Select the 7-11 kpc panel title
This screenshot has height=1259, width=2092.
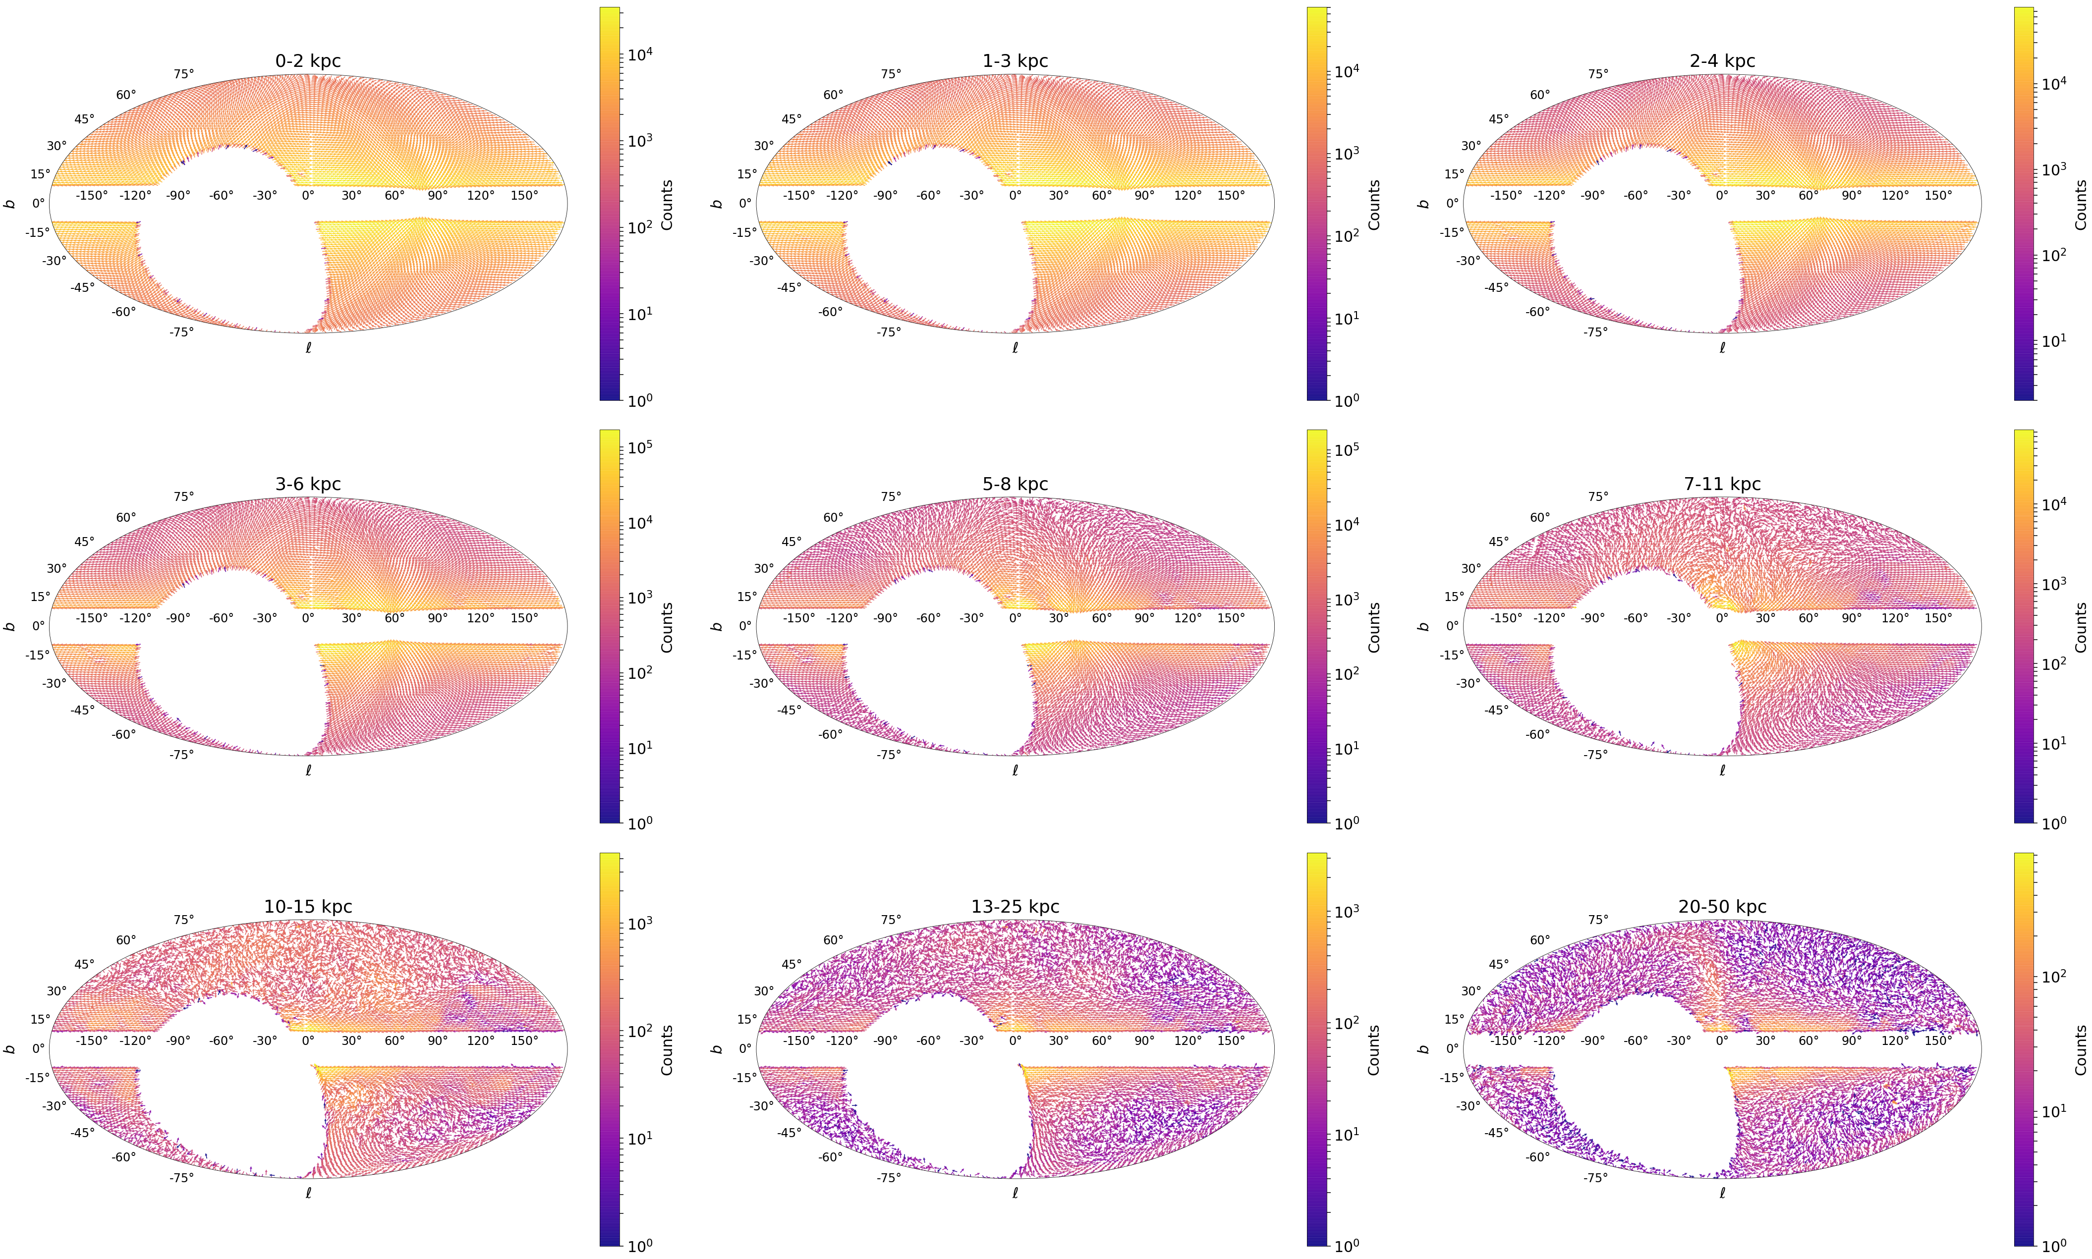tap(1721, 484)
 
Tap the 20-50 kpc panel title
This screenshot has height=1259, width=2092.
tap(1721, 907)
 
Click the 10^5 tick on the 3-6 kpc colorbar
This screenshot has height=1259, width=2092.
tap(639, 447)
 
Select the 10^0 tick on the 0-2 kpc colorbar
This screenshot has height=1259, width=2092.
tap(639, 399)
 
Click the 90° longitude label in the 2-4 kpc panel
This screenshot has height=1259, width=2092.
tap(1851, 195)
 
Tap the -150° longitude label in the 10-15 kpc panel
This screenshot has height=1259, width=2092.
tap(92, 1040)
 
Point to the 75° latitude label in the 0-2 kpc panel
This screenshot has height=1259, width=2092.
tap(183, 74)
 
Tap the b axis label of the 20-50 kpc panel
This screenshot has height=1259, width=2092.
tap(1423, 1048)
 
